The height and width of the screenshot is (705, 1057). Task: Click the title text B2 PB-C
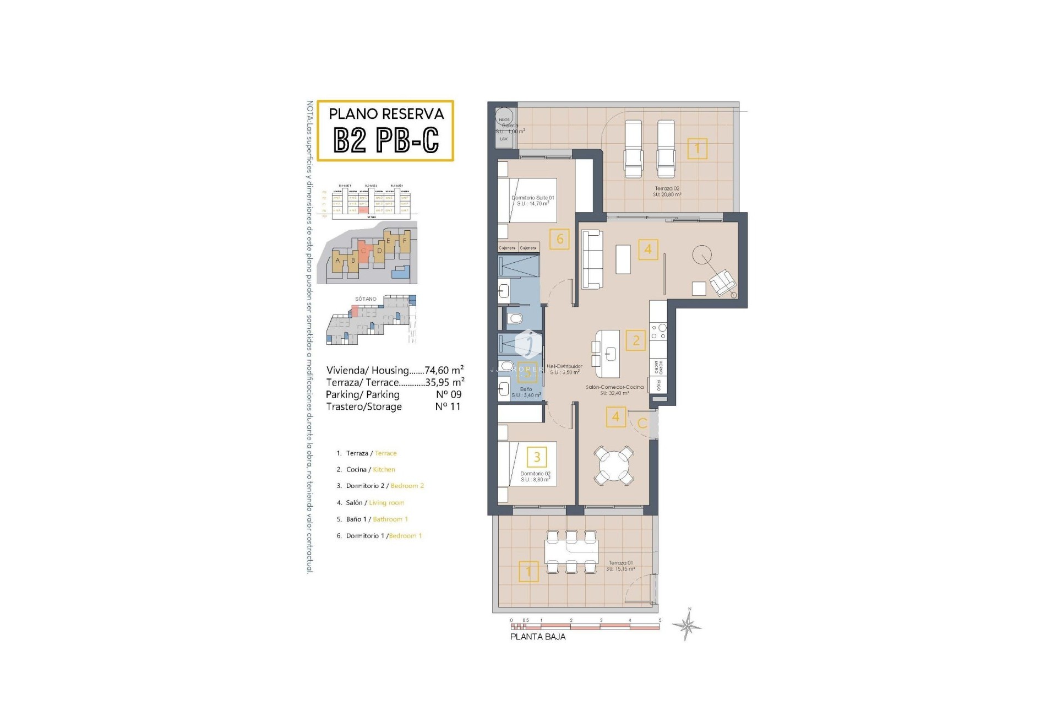[386, 140]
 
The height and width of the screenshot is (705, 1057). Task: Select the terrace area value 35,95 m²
[445, 382]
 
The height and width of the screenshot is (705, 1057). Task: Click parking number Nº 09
[448, 394]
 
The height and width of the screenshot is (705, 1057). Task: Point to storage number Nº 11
[448, 406]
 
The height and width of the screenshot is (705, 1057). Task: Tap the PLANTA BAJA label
[537, 637]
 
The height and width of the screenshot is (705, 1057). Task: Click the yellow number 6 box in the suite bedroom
[559, 239]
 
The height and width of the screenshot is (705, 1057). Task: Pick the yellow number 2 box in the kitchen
[636, 340]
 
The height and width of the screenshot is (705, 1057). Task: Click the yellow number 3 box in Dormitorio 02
[537, 457]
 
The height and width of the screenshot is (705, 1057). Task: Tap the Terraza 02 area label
[667, 191]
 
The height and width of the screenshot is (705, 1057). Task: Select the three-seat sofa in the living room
[592, 259]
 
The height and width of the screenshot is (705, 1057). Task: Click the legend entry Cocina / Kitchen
[370, 470]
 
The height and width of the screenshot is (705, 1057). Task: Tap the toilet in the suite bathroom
[515, 318]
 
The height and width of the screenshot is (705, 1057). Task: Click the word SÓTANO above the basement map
[366, 299]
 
